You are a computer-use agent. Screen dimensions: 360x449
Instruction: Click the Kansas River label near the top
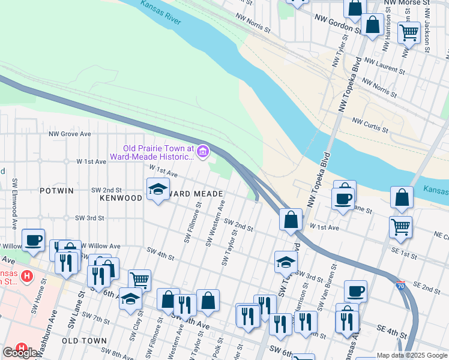click(x=161, y=12)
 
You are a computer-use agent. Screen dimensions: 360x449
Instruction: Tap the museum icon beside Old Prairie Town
click(x=203, y=152)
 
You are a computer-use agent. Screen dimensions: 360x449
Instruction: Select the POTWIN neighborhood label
click(x=56, y=191)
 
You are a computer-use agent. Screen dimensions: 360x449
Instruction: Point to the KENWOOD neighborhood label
click(x=121, y=197)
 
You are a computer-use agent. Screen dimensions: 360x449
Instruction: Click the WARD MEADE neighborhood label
click(x=196, y=194)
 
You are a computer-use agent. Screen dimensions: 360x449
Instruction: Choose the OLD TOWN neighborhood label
click(x=83, y=340)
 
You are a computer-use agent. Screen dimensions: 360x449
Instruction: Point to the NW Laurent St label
click(x=385, y=66)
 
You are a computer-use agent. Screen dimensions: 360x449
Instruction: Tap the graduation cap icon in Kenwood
click(x=158, y=190)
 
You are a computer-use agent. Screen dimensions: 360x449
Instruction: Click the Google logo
click(x=20, y=353)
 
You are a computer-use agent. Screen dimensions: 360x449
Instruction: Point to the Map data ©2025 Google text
click(x=412, y=355)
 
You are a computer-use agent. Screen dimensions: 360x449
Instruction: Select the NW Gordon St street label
click(x=337, y=23)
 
